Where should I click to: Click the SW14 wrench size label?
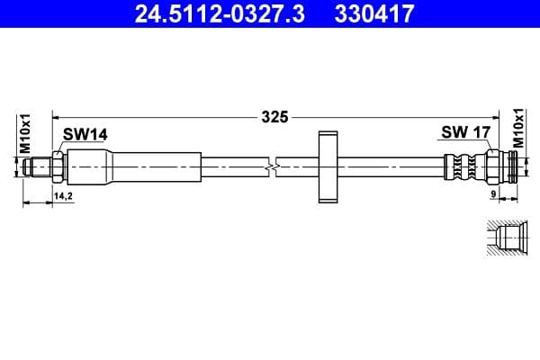pyautogui.click(x=85, y=134)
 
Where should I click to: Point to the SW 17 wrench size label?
pyautogui.click(x=465, y=133)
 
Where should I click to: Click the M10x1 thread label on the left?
pyautogui.click(x=26, y=133)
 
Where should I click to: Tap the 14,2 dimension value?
pyautogui.click(x=63, y=195)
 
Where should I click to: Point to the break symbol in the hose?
pyautogui.click(x=273, y=167)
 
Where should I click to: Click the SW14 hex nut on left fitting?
pyautogui.click(x=57, y=167)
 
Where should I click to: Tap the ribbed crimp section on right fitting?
pyautogui.click(x=465, y=167)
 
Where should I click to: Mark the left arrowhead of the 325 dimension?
pyautogui.click(x=57, y=116)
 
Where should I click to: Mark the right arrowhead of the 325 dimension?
pyautogui.click(x=506, y=116)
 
